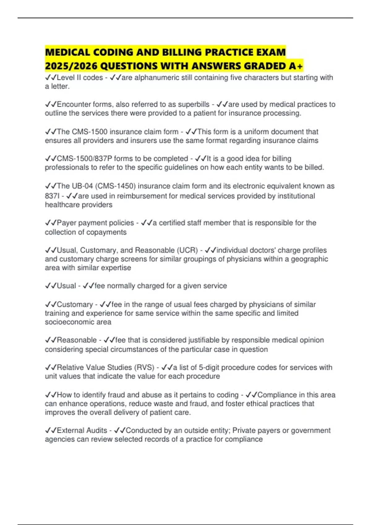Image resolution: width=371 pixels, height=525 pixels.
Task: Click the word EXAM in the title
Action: click(x=270, y=52)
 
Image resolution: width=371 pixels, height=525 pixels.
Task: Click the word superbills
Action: click(x=194, y=104)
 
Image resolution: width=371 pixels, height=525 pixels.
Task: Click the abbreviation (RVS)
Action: click(x=144, y=367)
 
